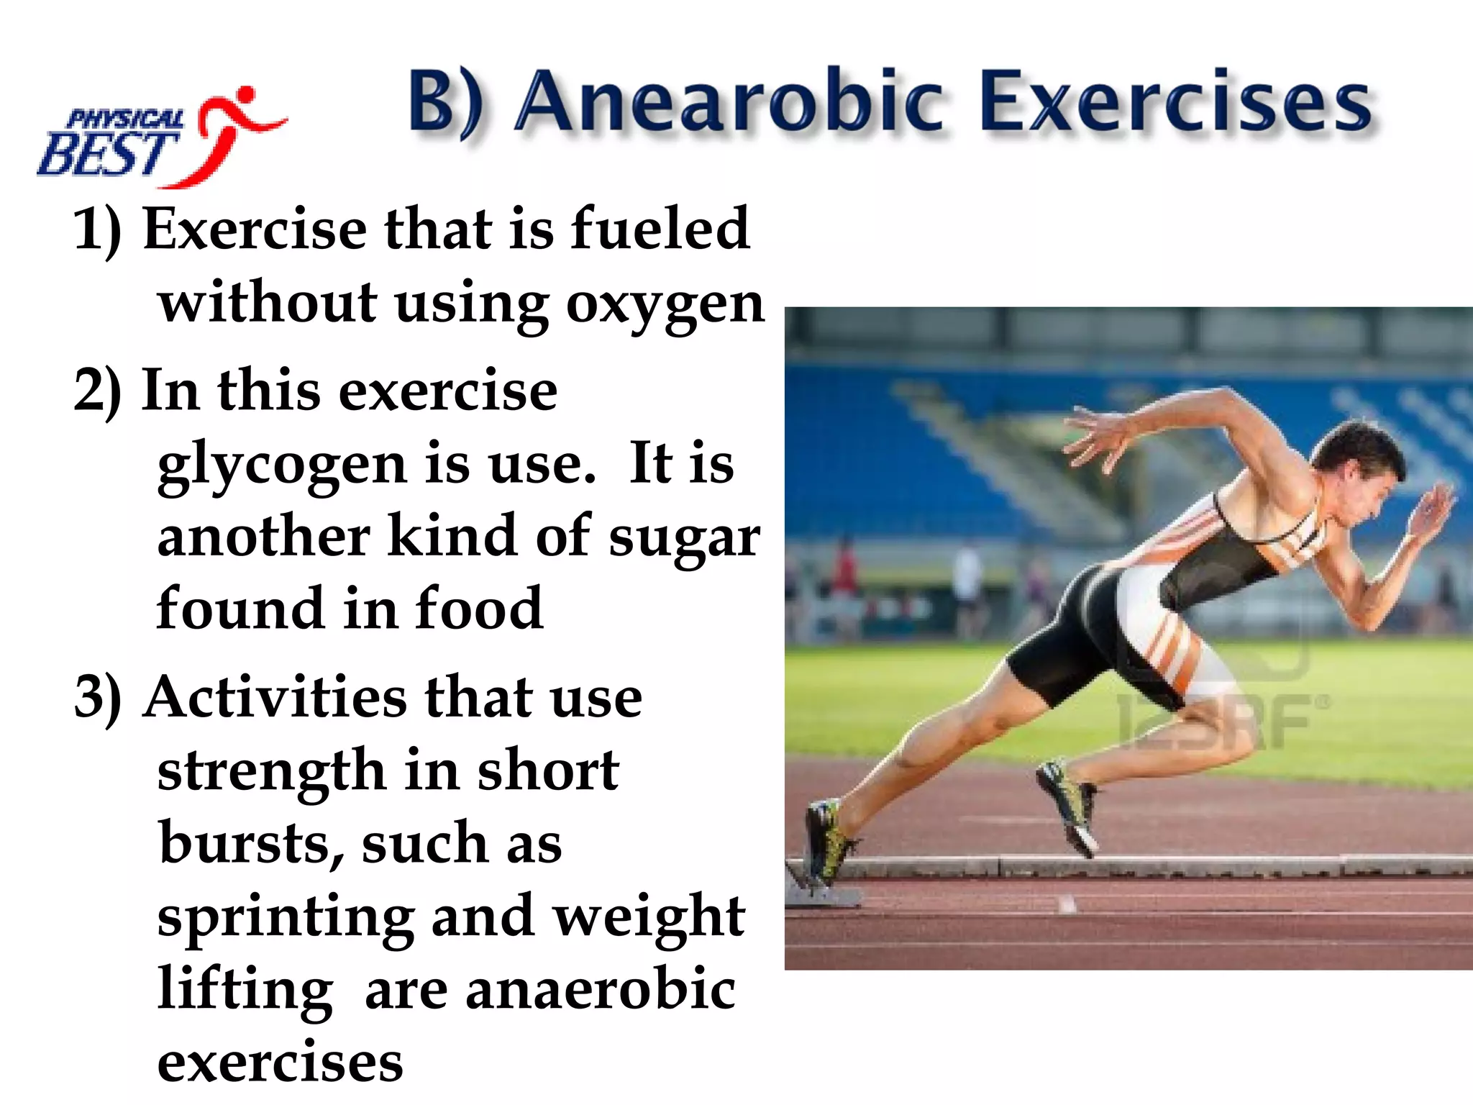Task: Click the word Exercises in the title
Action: (x=1175, y=102)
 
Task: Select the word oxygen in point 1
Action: (x=665, y=305)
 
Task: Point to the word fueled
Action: (x=660, y=229)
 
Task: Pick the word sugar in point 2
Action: (x=684, y=538)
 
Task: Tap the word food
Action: (x=479, y=609)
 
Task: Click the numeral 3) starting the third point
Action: (x=98, y=698)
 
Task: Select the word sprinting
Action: (x=285, y=919)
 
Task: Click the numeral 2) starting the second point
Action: (x=98, y=391)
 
